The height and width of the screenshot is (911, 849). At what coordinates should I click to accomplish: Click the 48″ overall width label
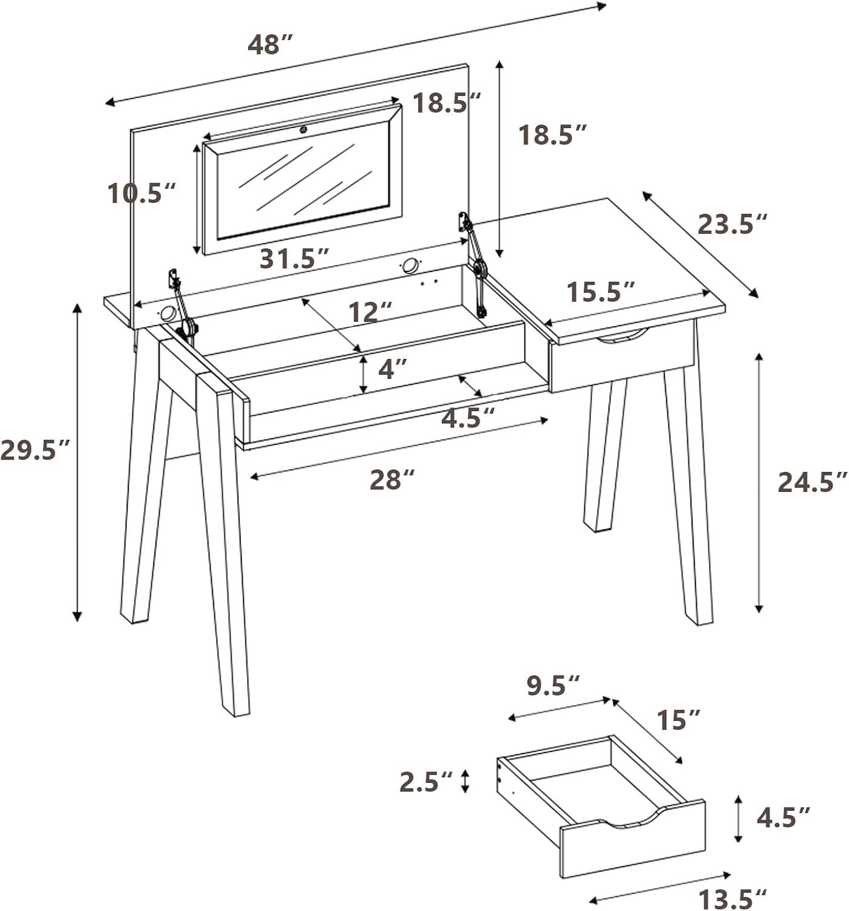269,44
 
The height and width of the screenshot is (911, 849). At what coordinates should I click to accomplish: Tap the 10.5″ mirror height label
141,193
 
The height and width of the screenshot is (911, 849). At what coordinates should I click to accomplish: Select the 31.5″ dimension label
294,259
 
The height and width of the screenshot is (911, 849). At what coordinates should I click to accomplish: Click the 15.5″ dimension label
601,292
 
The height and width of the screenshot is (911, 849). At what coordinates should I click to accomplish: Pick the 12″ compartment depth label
370,312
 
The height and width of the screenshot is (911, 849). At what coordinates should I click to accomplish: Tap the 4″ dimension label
393,368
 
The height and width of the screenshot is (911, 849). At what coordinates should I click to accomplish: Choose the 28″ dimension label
392,480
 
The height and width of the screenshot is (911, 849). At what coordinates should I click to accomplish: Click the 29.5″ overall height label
35,449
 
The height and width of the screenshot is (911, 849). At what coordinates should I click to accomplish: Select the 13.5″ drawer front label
732,899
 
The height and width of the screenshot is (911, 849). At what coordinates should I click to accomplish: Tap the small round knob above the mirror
303,131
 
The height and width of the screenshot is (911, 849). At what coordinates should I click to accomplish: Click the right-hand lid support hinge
473,265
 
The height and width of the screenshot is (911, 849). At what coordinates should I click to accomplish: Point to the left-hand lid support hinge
183,307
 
